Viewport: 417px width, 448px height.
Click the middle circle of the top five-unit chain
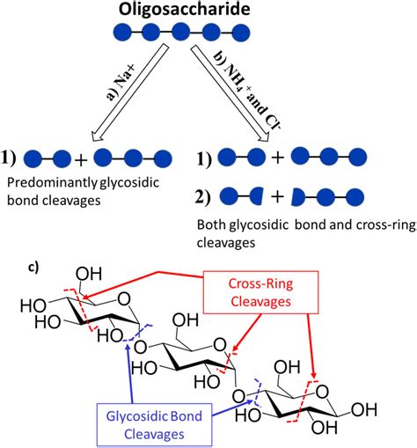180,35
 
